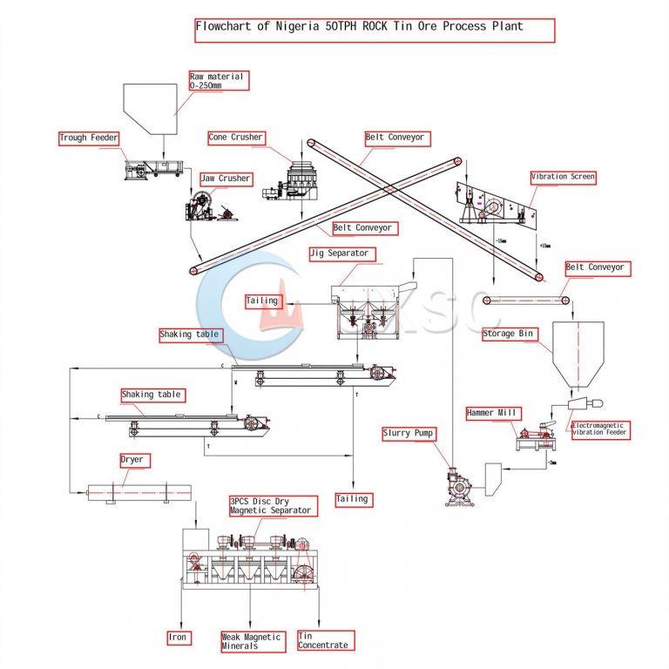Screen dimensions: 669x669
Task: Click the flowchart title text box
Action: (374, 30)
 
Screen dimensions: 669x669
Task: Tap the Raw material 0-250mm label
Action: (219, 81)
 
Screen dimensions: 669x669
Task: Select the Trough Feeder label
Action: (88, 138)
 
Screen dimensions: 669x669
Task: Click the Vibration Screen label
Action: (564, 177)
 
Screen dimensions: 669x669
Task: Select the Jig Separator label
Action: (339, 253)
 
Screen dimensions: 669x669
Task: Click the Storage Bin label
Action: (510, 334)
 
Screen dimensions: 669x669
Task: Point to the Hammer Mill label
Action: (492, 413)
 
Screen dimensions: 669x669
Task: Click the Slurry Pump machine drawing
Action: (460, 484)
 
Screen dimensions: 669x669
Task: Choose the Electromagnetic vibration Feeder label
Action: (598, 429)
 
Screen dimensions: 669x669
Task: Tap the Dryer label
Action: (132, 459)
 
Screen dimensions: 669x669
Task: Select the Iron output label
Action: (178, 638)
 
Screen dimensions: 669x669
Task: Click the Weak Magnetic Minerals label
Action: (252, 641)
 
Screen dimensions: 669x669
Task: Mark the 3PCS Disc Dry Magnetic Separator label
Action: (269, 506)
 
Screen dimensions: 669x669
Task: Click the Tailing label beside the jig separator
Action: (262, 301)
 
